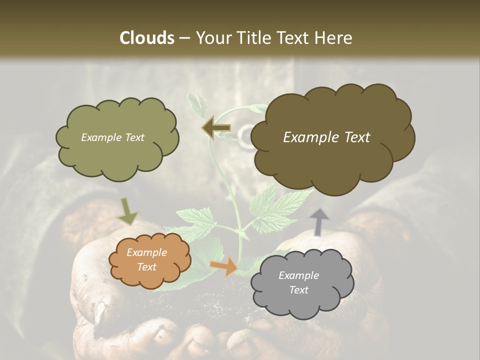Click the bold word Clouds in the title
[x=147, y=37]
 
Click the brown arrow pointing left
[x=216, y=128]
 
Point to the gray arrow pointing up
[x=319, y=221]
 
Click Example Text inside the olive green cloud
[x=112, y=137]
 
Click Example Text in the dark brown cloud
[x=326, y=137]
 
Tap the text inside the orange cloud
[x=146, y=260]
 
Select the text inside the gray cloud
[x=298, y=282]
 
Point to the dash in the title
[x=184, y=38]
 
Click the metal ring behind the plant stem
[x=245, y=135]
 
